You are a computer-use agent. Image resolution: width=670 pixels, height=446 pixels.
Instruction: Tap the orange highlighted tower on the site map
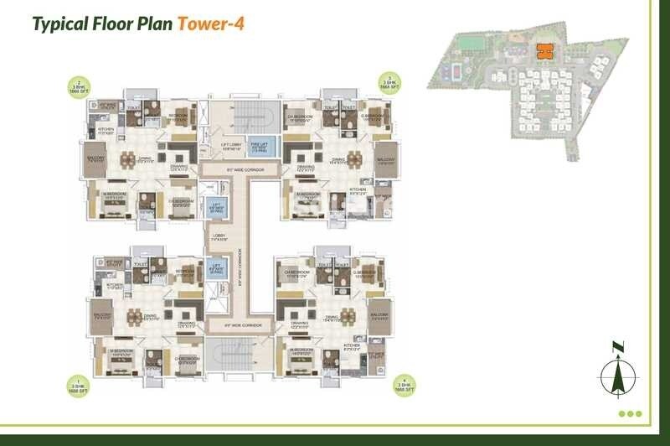(x=543, y=50)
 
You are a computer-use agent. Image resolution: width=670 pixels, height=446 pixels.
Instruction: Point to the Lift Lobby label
(x=231, y=148)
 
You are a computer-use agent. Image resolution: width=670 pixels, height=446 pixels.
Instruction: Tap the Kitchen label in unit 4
(x=353, y=345)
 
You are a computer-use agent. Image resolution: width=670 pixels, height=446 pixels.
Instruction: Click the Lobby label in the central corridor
(x=219, y=238)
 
